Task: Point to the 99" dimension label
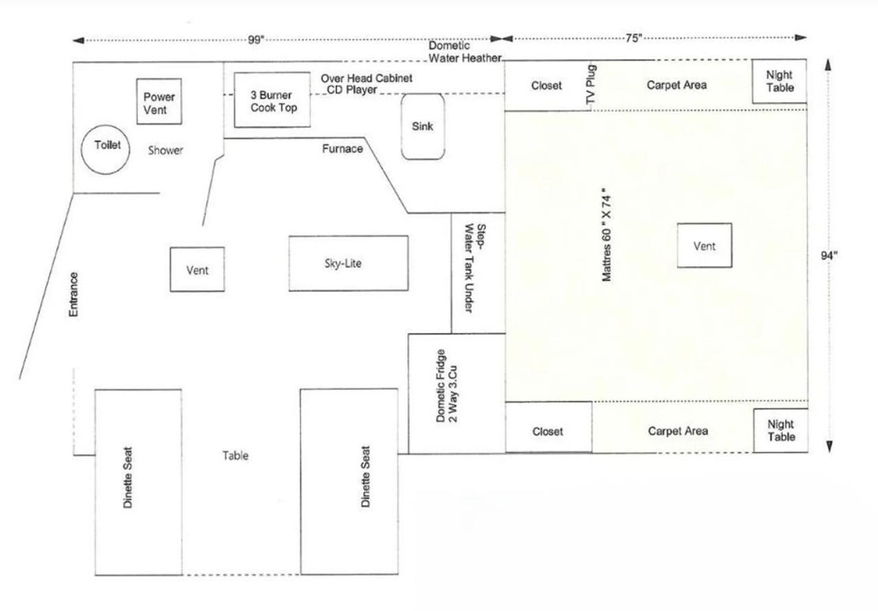point(256,40)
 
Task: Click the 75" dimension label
point(634,38)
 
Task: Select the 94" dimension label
point(829,256)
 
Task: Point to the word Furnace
point(342,149)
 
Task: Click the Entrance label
point(73,294)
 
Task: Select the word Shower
point(165,150)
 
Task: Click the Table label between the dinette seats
point(235,455)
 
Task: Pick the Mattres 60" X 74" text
point(606,235)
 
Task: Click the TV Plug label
point(591,84)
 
